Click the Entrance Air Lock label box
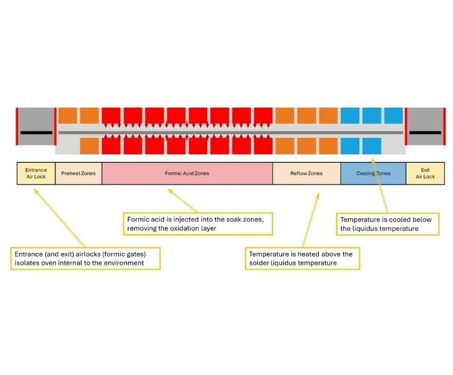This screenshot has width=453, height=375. click(36, 173)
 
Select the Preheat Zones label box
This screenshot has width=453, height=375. click(79, 173)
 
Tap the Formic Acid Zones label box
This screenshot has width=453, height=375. click(187, 173)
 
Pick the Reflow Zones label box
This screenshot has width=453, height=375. click(306, 173)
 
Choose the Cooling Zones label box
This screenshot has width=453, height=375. click(373, 173)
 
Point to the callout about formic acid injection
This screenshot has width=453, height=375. click(198, 223)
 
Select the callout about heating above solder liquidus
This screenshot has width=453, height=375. click(302, 258)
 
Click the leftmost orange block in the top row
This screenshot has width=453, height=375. click(68, 116)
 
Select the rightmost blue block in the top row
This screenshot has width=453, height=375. click(393, 116)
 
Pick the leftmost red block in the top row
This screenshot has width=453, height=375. click(111, 116)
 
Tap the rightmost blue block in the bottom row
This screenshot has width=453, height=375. click(371, 146)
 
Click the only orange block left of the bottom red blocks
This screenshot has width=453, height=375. click(89, 146)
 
